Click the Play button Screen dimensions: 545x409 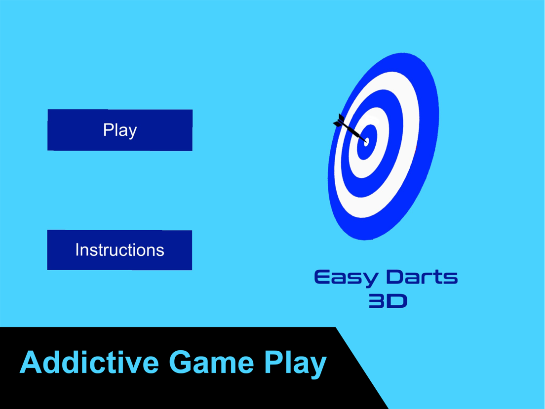click(x=120, y=130)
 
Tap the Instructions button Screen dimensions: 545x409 click(x=119, y=250)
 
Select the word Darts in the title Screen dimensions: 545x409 click(x=422, y=277)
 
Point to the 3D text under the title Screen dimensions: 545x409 click(x=388, y=301)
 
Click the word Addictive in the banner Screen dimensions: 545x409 click(x=89, y=363)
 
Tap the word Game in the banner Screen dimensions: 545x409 click(x=212, y=363)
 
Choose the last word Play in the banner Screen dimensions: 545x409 click(x=296, y=365)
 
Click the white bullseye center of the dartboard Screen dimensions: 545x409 click(x=366, y=142)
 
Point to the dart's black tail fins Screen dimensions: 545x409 click(x=340, y=121)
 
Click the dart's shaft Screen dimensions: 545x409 click(x=354, y=132)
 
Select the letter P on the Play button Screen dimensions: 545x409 click(x=109, y=130)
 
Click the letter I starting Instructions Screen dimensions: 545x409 click(x=77, y=250)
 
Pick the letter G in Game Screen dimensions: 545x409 click(x=181, y=363)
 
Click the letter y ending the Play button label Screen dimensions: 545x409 click(x=132, y=132)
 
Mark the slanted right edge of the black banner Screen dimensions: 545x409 click(x=362, y=368)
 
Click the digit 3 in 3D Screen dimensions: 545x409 click(x=377, y=301)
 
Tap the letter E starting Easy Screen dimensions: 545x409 click(x=323, y=277)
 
